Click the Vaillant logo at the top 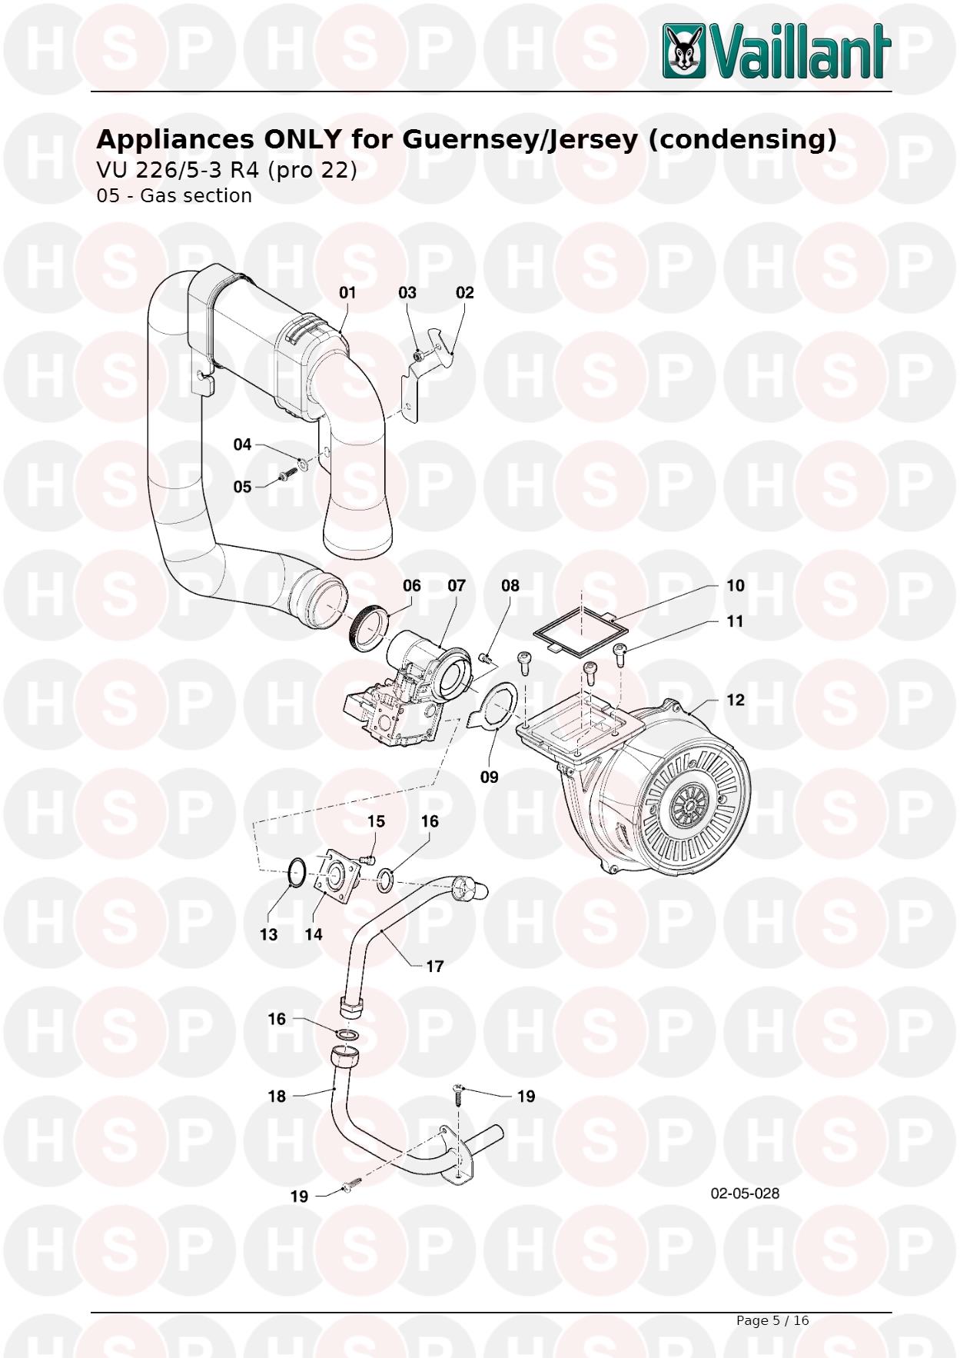pyautogui.click(x=776, y=51)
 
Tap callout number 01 pyautogui.click(x=347, y=292)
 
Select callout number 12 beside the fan pyautogui.click(x=735, y=700)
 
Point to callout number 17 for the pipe pyautogui.click(x=434, y=966)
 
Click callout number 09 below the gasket pyautogui.click(x=489, y=777)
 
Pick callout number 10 pyautogui.click(x=735, y=585)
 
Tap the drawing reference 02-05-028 pyautogui.click(x=744, y=1193)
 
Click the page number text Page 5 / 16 pyautogui.click(x=772, y=1320)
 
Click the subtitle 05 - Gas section pyautogui.click(x=174, y=195)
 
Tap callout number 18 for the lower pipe pyautogui.click(x=277, y=1096)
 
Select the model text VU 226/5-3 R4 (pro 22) pyautogui.click(x=227, y=169)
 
